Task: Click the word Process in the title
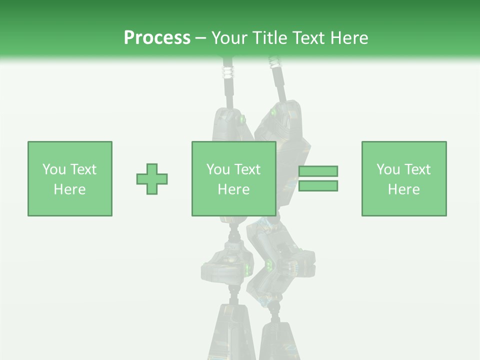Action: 157,38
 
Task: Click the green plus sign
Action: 152,179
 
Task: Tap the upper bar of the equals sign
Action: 318,171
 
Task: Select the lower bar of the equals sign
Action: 318,186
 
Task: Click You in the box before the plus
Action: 53,169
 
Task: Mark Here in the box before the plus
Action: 70,189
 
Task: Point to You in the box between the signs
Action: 217,169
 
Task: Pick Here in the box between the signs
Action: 234,189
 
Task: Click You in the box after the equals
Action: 387,169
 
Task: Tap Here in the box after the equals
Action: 404,189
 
